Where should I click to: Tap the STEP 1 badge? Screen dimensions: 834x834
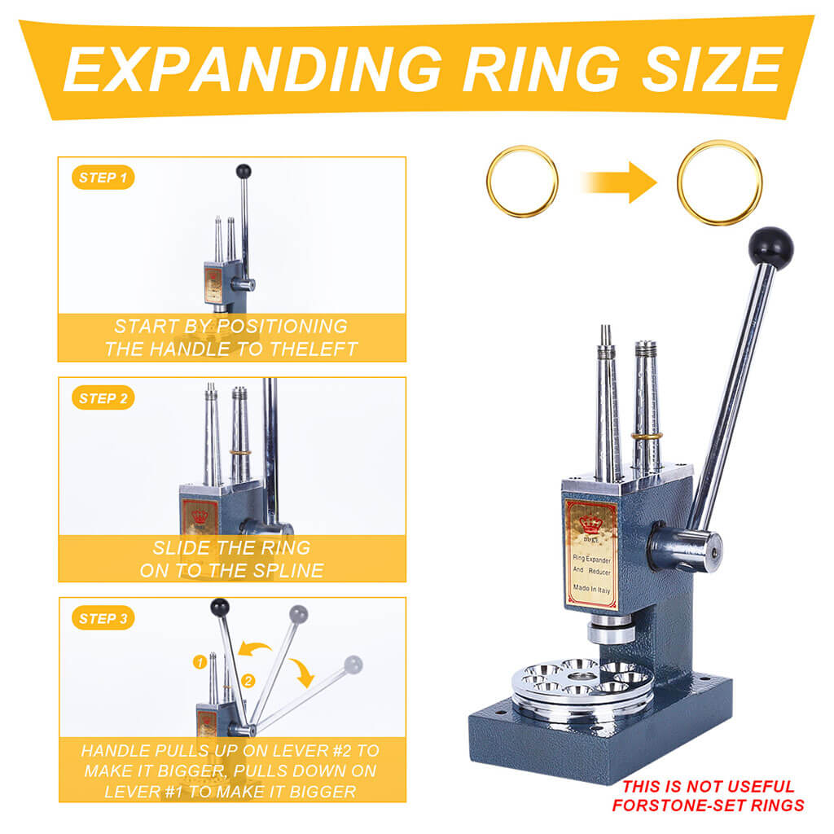(x=103, y=178)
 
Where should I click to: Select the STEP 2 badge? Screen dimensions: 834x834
(x=103, y=398)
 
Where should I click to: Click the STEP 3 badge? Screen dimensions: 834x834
(x=103, y=619)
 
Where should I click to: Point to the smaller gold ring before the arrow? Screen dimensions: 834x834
(x=522, y=181)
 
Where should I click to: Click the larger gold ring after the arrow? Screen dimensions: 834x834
(x=720, y=182)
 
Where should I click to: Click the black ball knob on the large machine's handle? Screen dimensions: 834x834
(x=770, y=247)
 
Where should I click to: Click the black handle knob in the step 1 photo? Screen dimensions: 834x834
(x=243, y=171)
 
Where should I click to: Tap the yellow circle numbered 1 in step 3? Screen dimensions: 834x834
(x=199, y=662)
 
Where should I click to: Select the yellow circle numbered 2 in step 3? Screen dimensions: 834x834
(x=249, y=679)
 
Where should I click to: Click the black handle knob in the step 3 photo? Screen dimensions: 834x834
(x=219, y=607)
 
